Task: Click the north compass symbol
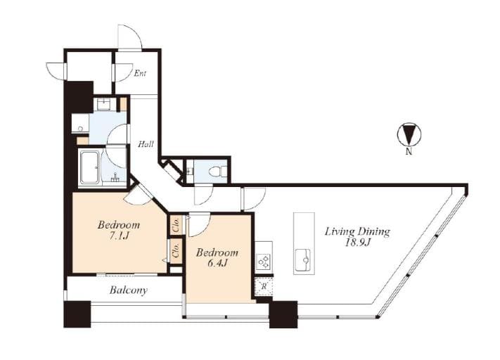point(408,134)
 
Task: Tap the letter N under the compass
point(408,150)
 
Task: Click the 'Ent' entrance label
point(141,72)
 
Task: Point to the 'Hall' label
point(146,144)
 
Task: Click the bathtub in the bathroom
point(89,168)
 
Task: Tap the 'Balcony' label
point(127,290)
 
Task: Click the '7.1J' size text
point(118,237)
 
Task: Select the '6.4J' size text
point(217,264)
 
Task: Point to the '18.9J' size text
point(357,243)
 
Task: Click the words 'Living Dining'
point(357,231)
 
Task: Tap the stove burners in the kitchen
point(263,261)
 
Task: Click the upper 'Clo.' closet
point(176,225)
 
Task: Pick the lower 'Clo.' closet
point(176,252)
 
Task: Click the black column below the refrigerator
point(283,314)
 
